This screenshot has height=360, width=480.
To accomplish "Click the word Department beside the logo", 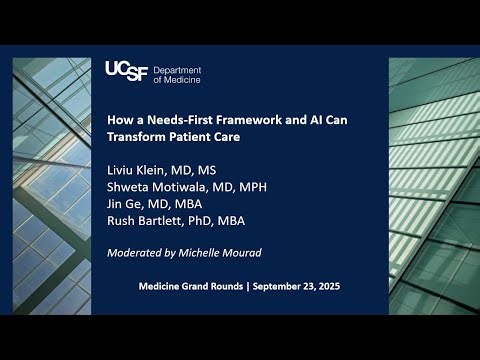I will pos(179,65).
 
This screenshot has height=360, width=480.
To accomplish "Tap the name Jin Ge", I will pos(136,203).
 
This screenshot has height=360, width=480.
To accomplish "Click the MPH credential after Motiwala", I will pos(266,186).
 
